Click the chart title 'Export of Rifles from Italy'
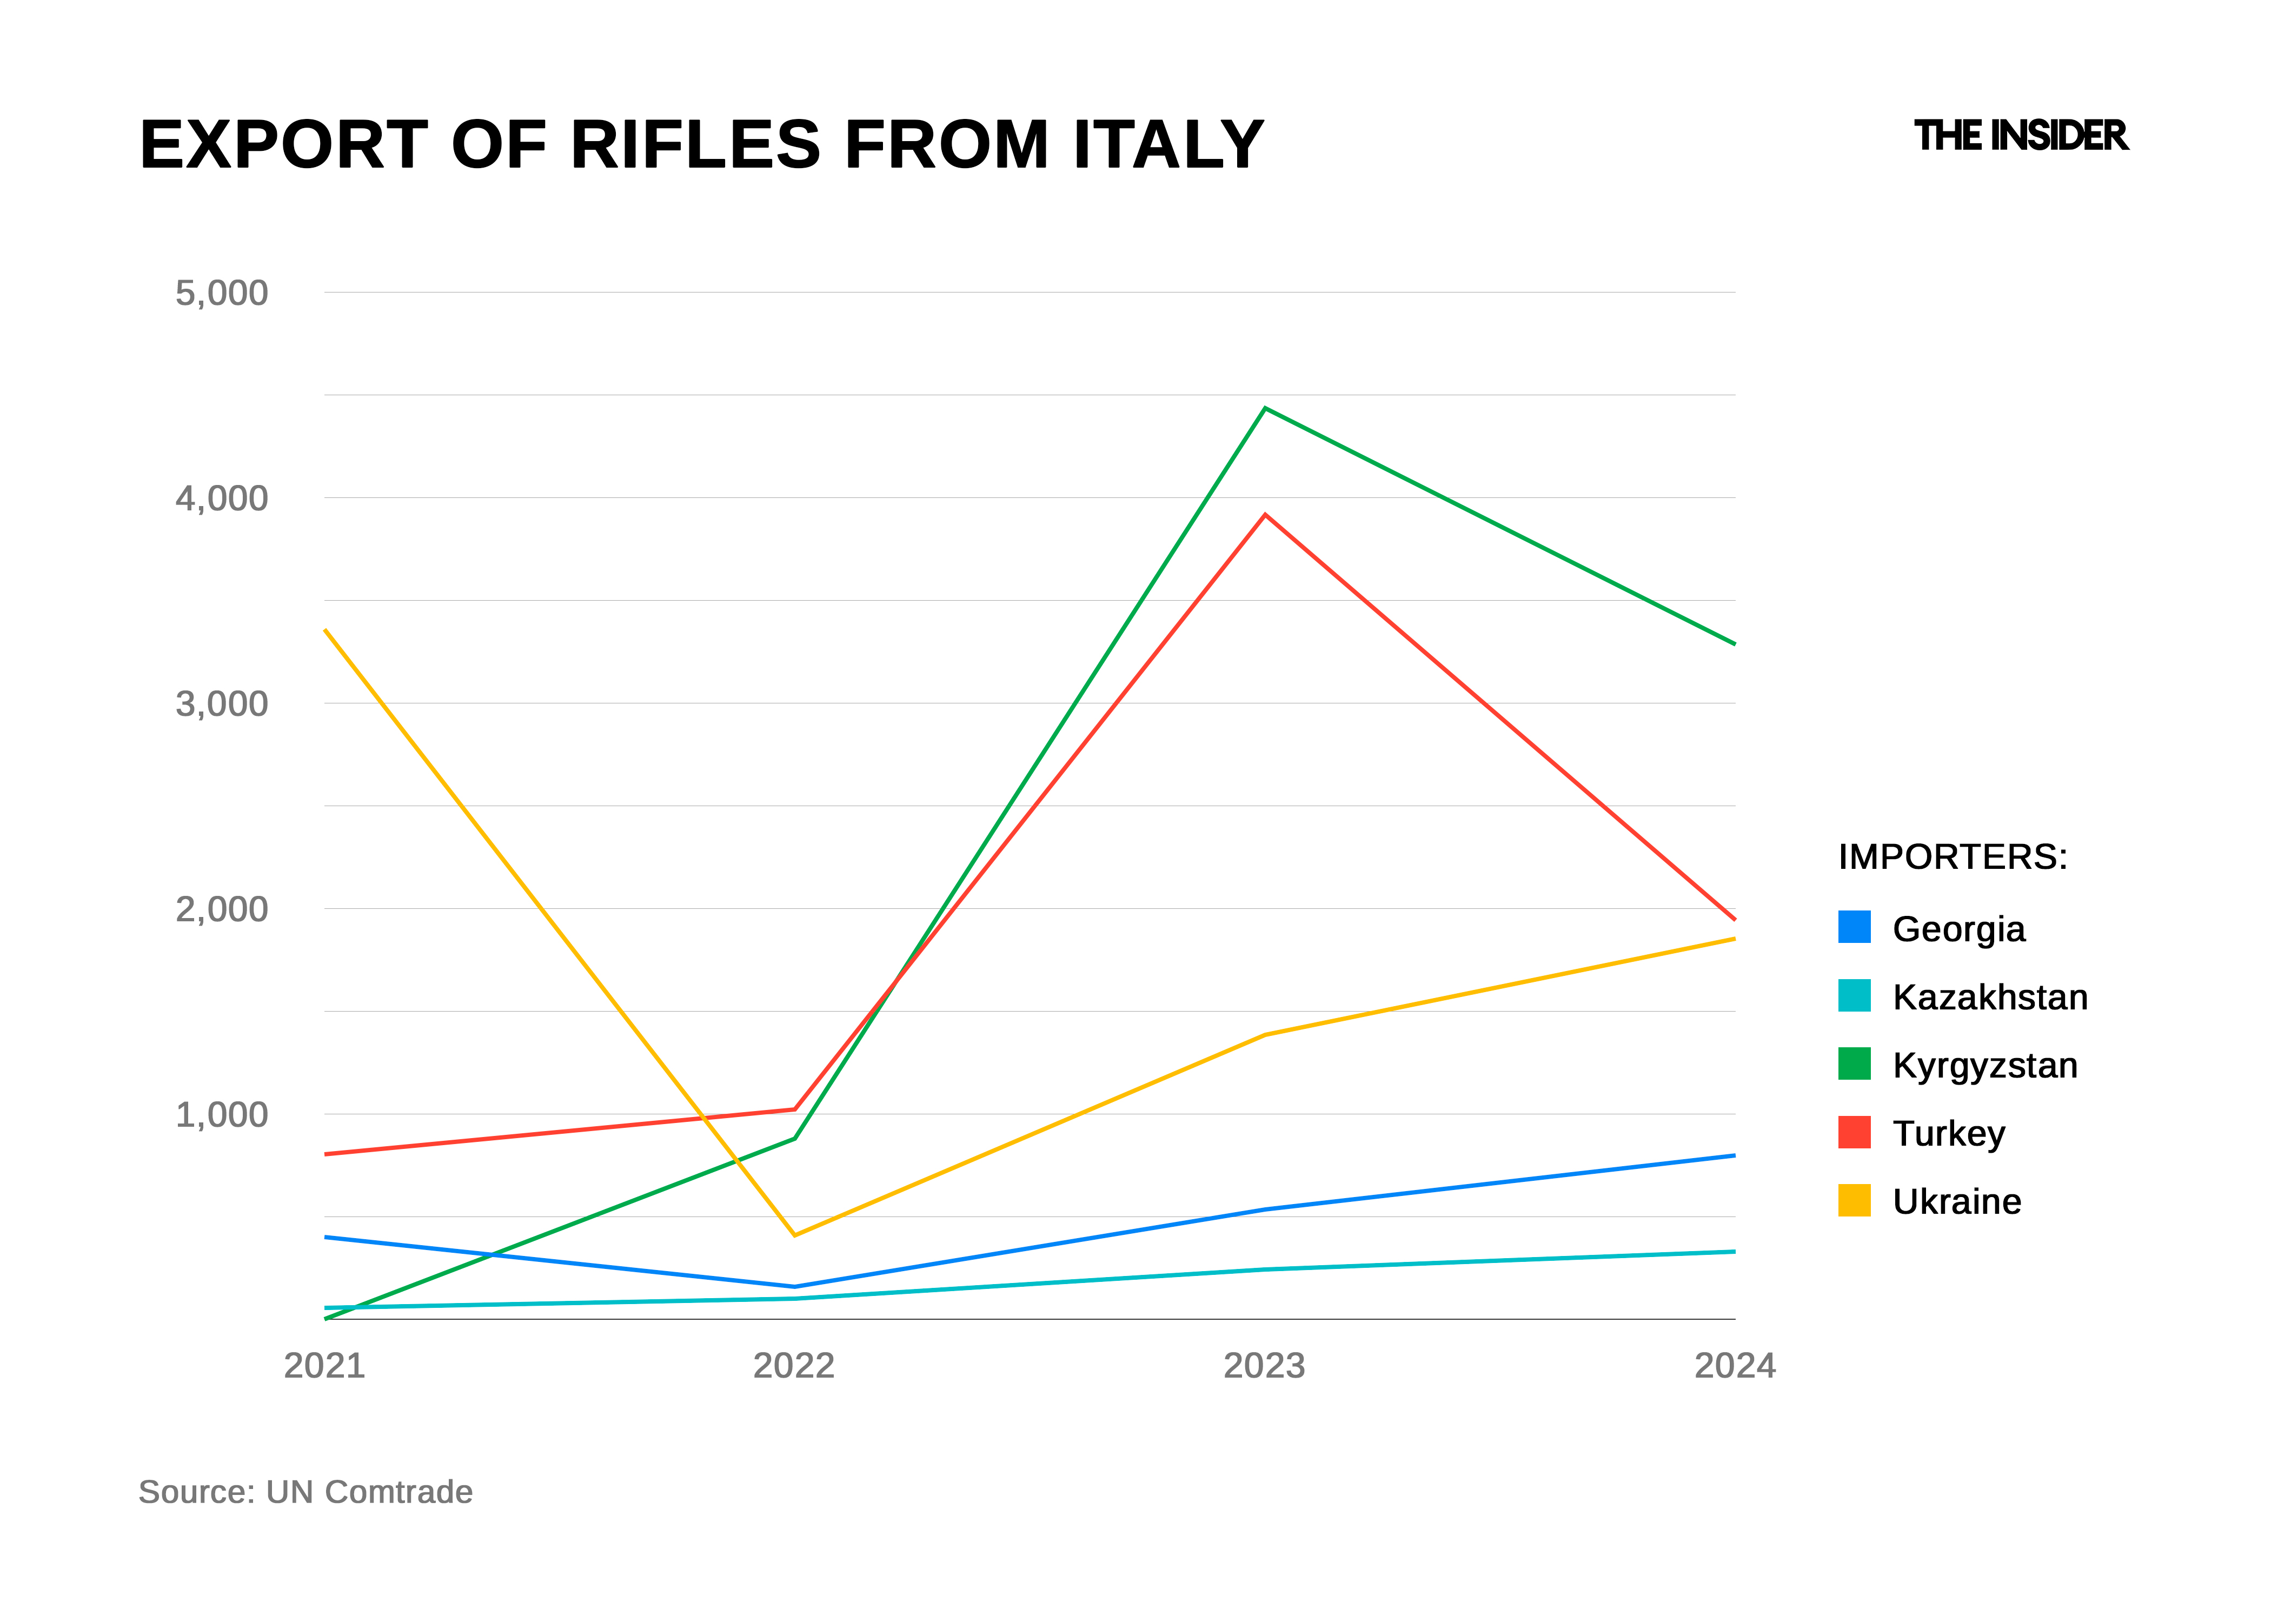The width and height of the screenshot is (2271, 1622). point(701,145)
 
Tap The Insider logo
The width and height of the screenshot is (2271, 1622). point(2020,136)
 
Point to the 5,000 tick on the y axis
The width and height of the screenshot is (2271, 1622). point(222,294)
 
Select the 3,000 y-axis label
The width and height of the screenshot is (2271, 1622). point(222,704)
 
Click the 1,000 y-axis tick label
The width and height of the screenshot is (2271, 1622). point(222,1115)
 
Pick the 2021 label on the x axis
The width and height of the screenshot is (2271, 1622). point(324,1365)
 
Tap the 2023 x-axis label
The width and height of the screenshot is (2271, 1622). point(1264,1365)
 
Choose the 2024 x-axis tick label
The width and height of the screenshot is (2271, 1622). point(1735,1365)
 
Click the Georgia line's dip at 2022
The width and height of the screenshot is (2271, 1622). point(795,1286)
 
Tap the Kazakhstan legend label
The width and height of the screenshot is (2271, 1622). point(1989,997)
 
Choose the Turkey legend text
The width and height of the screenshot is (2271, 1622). point(1948,1134)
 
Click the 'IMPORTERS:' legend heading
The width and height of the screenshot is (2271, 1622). point(1953,857)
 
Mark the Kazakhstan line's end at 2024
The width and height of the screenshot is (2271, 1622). point(1732,1252)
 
